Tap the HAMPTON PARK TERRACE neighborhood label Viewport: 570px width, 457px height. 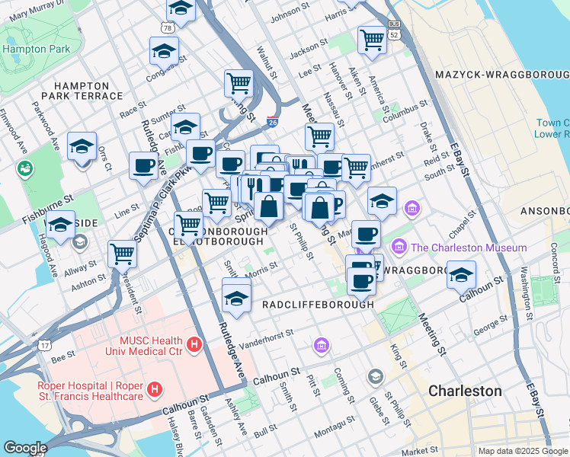(x=88, y=91)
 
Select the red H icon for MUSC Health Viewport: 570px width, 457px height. (x=194, y=346)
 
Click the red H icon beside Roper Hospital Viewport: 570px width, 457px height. (x=155, y=391)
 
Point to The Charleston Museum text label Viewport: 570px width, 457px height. (x=468, y=248)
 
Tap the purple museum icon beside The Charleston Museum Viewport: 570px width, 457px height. (x=399, y=248)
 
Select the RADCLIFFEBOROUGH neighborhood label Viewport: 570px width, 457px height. (x=318, y=304)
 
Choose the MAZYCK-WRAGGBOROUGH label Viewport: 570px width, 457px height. (x=501, y=74)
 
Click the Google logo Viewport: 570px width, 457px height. (x=25, y=448)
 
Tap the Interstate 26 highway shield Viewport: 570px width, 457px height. (x=273, y=121)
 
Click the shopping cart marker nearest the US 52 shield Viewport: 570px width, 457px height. (x=372, y=40)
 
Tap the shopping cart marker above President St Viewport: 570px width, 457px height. (x=122, y=253)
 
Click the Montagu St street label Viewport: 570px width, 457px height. (x=332, y=434)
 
